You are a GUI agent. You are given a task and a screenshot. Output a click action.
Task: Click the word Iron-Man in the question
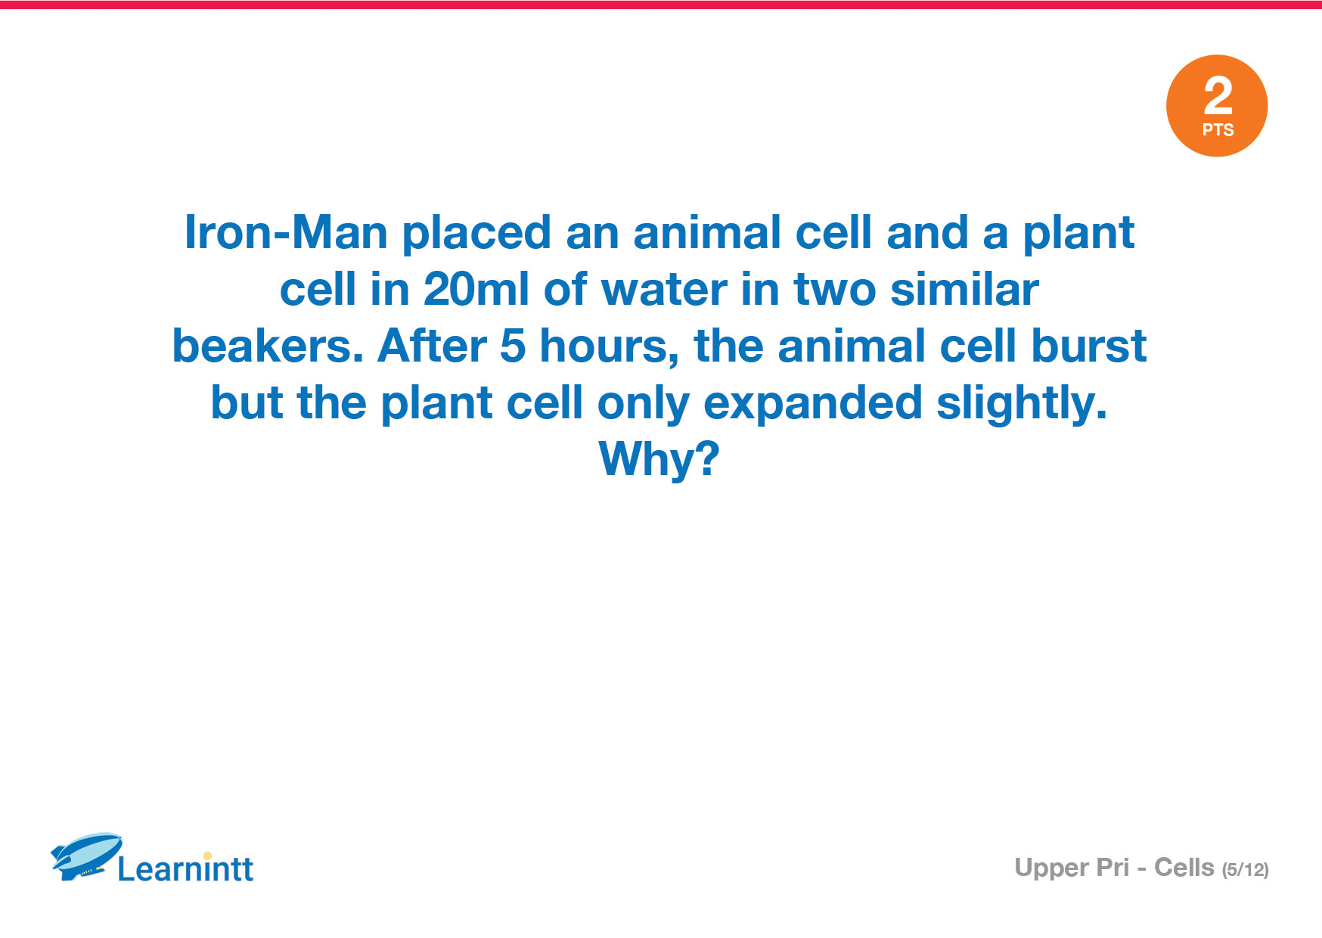286,232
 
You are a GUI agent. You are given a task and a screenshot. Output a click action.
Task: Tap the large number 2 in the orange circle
1218,97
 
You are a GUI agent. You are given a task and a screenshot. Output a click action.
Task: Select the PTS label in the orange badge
1218,130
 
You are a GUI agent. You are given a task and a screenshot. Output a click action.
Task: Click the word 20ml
476,289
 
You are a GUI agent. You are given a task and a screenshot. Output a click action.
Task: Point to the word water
663,290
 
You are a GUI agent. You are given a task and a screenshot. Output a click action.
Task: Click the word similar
964,289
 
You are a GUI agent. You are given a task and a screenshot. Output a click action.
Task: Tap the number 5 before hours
512,346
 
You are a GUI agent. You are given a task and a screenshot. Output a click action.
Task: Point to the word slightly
1022,403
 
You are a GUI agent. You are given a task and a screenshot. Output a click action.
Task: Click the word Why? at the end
659,460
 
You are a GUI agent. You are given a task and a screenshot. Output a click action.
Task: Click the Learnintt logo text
185,868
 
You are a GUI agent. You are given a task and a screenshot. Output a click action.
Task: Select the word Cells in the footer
1184,867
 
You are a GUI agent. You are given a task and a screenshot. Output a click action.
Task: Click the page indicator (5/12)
1245,870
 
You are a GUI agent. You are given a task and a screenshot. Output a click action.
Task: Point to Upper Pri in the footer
1072,868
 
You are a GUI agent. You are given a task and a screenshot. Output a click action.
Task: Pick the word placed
476,232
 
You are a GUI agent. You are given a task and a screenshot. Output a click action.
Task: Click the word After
432,346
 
